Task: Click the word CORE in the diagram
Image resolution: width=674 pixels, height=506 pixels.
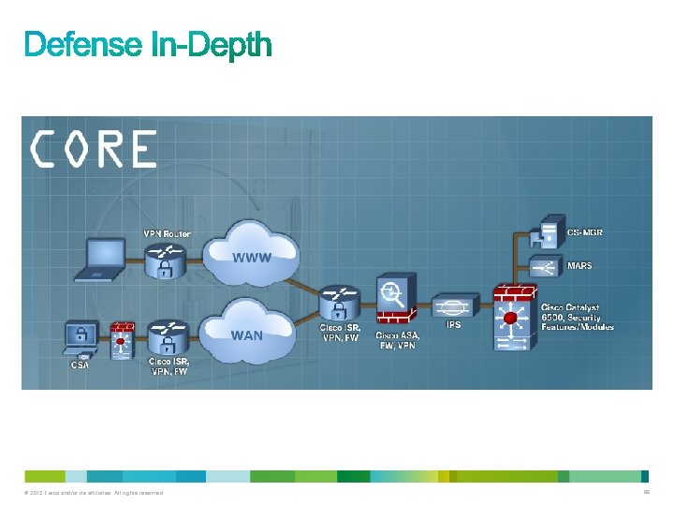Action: click(94, 148)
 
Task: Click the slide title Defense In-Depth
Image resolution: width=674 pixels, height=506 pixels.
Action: click(148, 44)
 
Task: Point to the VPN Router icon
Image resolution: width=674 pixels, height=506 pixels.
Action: click(166, 259)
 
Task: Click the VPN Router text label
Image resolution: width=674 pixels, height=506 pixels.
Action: click(167, 233)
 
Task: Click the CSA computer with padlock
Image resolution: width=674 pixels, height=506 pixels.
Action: click(80, 339)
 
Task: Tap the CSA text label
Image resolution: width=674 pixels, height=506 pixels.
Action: click(81, 365)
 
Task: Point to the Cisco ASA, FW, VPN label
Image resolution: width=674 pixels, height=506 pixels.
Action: click(397, 340)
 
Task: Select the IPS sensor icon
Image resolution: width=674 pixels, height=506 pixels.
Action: click(453, 306)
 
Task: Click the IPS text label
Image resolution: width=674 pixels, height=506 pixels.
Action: click(453, 326)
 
